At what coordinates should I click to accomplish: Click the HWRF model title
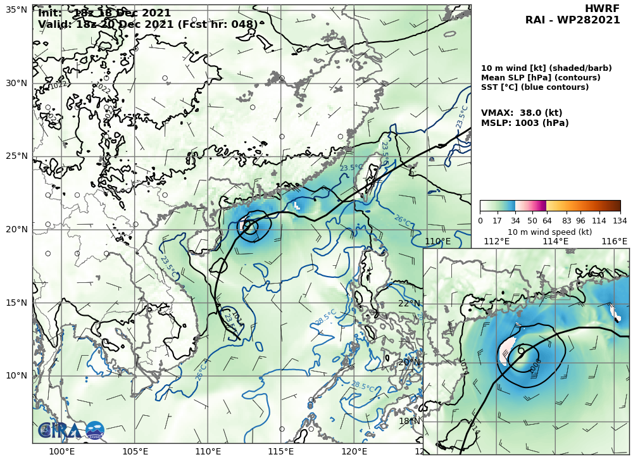pyautogui.click(x=602, y=8)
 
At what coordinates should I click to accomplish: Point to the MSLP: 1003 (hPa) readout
pyautogui.click(x=525, y=123)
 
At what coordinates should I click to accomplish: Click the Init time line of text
pyautogui.click(x=104, y=13)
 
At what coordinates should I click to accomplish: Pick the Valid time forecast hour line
pyautogui.click(x=148, y=25)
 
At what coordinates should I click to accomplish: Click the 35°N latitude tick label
pyautogui.click(x=16, y=10)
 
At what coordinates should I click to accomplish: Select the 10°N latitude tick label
pyautogui.click(x=16, y=375)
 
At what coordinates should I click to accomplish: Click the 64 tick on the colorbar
pyautogui.click(x=546, y=220)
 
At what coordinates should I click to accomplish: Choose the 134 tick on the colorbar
pyautogui.click(x=620, y=220)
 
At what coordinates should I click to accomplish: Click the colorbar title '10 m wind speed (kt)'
pyautogui.click(x=549, y=232)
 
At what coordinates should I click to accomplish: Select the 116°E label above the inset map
pyautogui.click(x=614, y=241)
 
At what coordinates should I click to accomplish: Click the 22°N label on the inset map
pyautogui.click(x=409, y=303)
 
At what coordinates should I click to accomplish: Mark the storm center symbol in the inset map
pyautogui.click(x=521, y=350)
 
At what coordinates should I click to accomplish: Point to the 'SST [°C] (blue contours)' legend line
pyautogui.click(x=534, y=87)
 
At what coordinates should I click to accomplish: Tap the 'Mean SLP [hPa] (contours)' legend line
pyautogui.click(x=541, y=78)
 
